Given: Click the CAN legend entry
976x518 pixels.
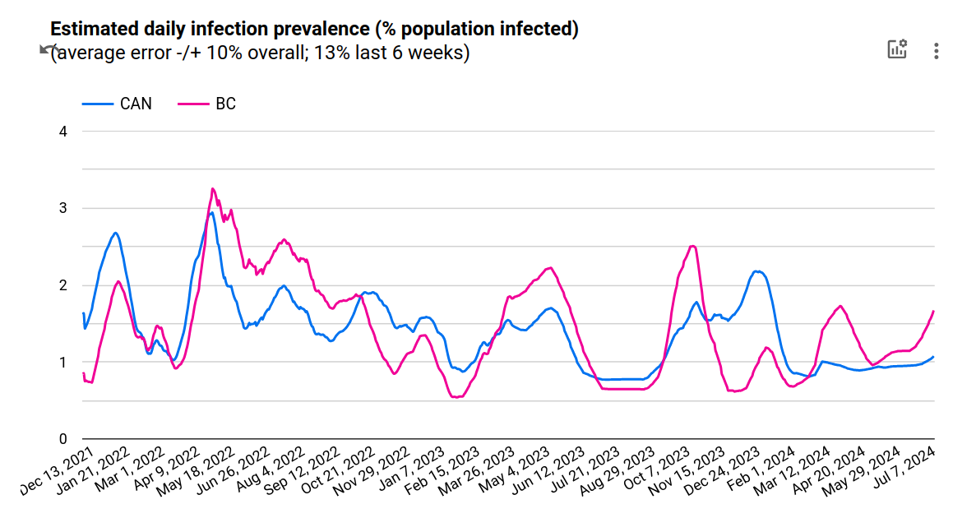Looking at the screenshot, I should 117,104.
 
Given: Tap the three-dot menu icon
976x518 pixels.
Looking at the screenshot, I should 936,51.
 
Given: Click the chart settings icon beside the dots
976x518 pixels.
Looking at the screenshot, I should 896,49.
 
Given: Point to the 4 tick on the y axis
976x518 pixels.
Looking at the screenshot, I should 63,132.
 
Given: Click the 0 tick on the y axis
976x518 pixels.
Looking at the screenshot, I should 63,439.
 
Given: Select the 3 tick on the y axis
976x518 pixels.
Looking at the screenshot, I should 63,208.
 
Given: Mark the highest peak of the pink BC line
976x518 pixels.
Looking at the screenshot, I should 212,188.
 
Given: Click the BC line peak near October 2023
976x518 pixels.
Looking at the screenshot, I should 693,245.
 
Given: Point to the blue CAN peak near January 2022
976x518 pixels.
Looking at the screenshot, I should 116,233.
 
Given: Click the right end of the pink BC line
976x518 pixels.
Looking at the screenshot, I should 934,311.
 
